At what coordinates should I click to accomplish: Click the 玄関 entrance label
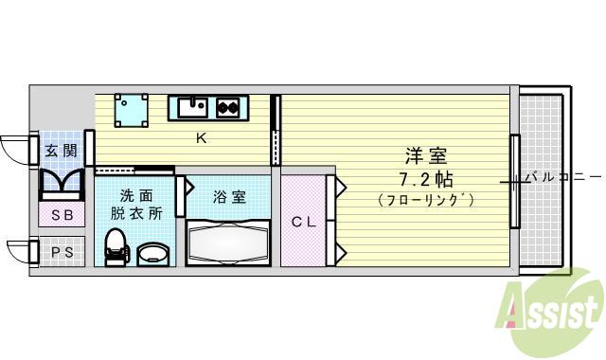62,150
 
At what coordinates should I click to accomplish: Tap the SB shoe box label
62,215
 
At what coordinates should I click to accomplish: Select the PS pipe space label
62,252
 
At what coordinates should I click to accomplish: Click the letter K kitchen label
201,138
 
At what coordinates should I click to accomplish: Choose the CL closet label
303,223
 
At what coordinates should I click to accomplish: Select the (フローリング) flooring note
425,200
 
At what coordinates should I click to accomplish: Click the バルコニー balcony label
562,177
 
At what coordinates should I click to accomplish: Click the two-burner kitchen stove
228,107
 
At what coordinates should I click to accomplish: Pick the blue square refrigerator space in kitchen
131,109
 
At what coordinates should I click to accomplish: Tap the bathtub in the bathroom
229,243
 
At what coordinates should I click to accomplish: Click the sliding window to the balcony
514,181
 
